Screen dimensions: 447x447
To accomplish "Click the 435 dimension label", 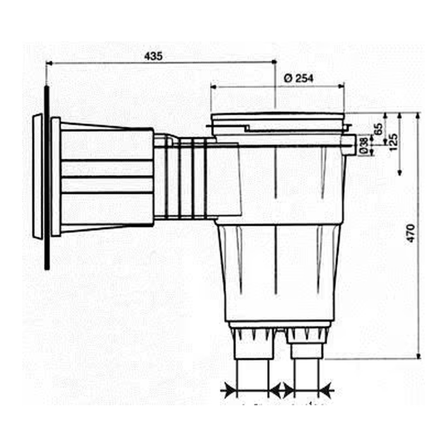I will click(154, 56).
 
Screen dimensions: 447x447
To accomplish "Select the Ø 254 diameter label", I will click(299, 78).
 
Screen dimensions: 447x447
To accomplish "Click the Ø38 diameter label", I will click(364, 146).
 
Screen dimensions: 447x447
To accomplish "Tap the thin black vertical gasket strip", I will click(47, 178).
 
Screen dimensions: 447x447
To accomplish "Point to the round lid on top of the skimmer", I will click(277, 117).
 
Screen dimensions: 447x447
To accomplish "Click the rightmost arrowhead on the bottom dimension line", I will click(327, 390).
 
